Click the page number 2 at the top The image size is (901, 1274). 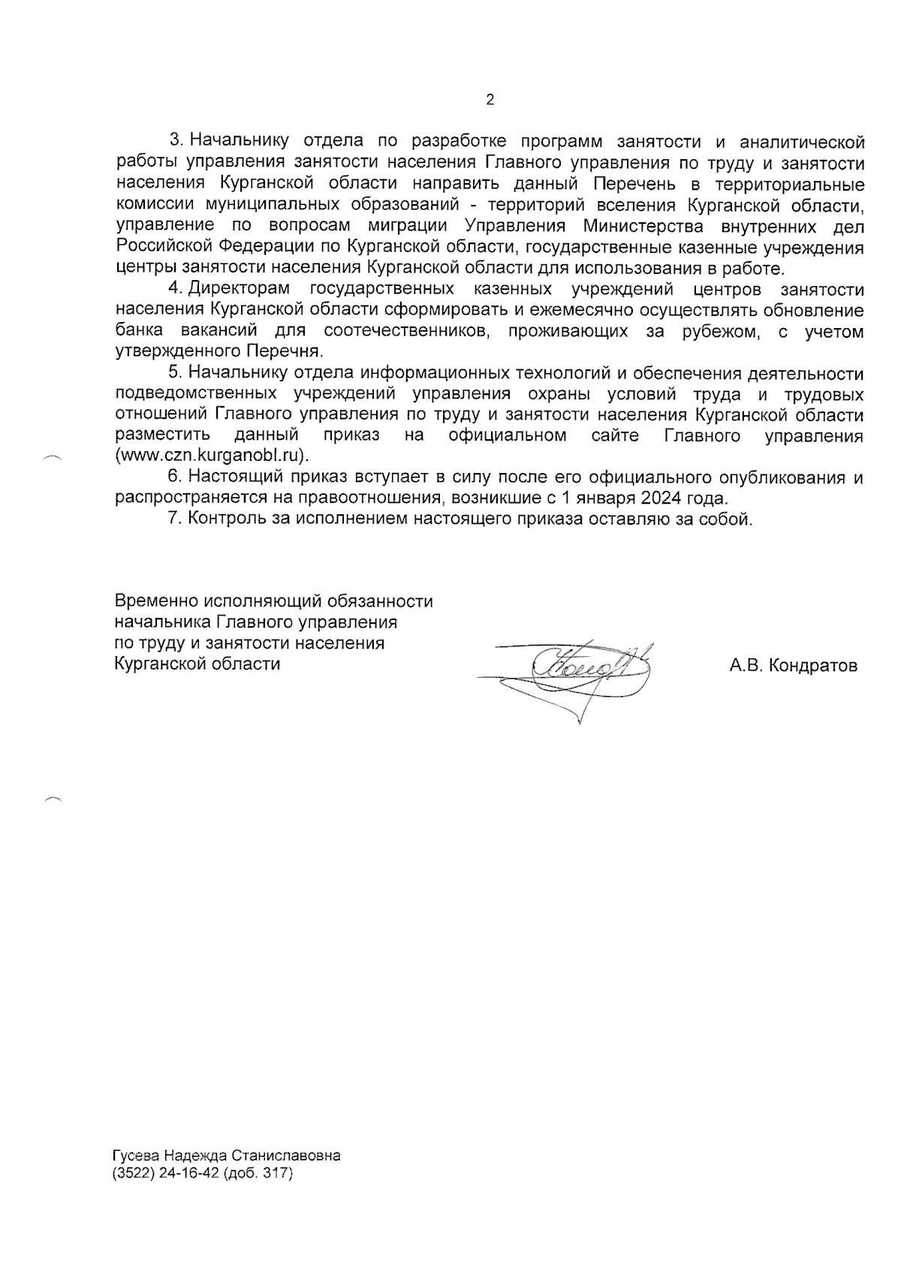click(490, 100)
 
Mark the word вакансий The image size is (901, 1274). click(219, 331)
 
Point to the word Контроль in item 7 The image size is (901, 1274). click(222, 519)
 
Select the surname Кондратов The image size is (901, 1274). click(815, 665)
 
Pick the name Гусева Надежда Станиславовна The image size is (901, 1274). click(226, 1155)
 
